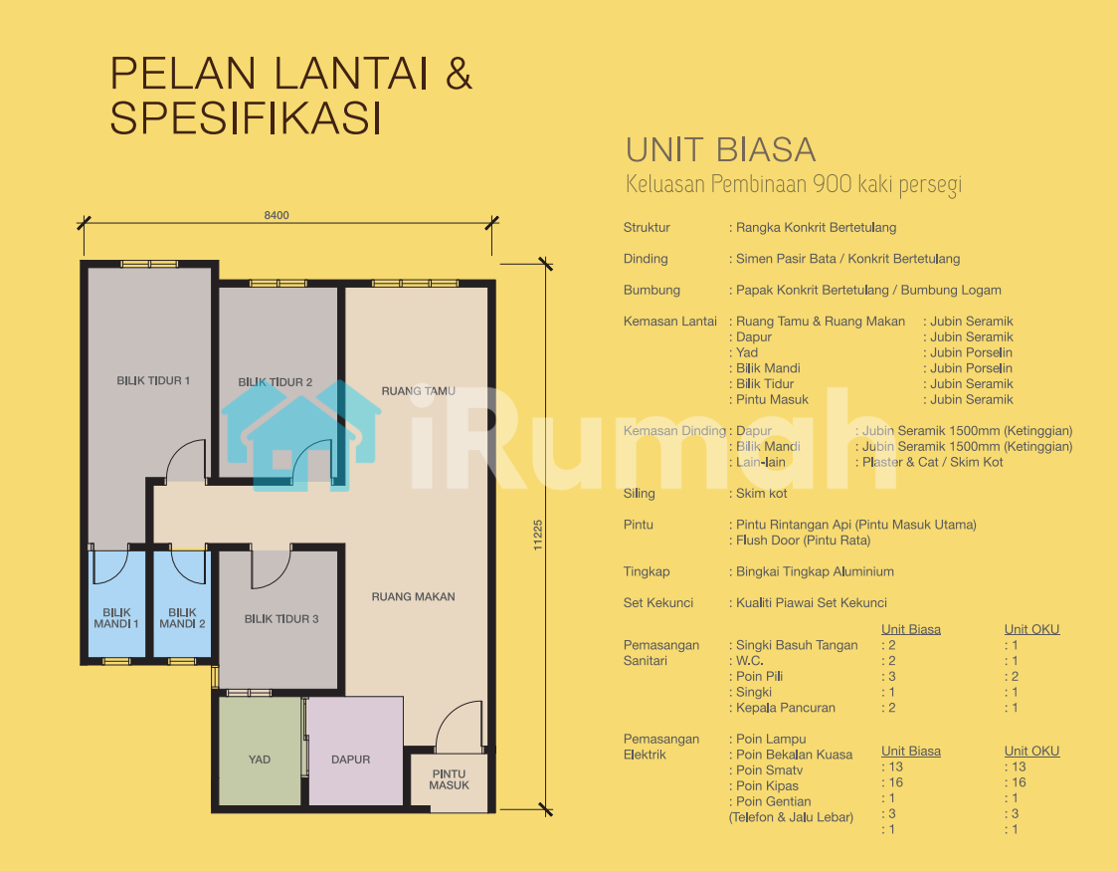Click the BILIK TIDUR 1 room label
(153, 381)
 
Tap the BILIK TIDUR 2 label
(276, 382)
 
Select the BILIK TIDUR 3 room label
(281, 619)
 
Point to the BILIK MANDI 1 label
(116, 618)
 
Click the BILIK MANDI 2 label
(183, 618)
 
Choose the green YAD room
(260, 752)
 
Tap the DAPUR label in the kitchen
(351, 760)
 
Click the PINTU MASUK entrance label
(450, 779)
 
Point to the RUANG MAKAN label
(413, 597)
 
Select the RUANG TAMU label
(418, 391)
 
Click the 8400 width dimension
(277, 215)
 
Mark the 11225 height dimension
(537, 535)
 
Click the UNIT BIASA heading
(721, 149)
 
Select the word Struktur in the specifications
(647, 228)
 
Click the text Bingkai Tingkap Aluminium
(815, 571)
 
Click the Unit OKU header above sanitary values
(1031, 629)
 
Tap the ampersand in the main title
(460, 74)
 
